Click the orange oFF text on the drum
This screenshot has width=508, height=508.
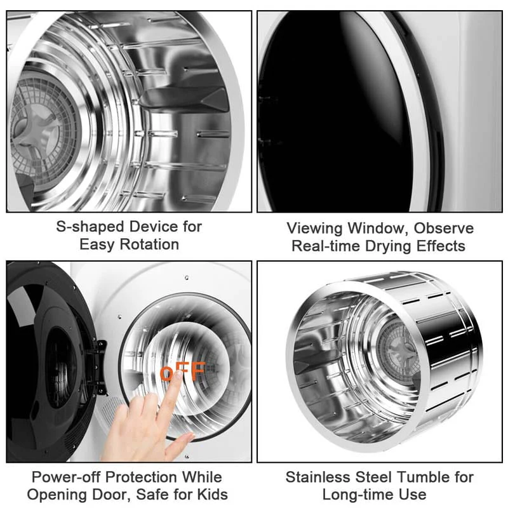click(x=183, y=372)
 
